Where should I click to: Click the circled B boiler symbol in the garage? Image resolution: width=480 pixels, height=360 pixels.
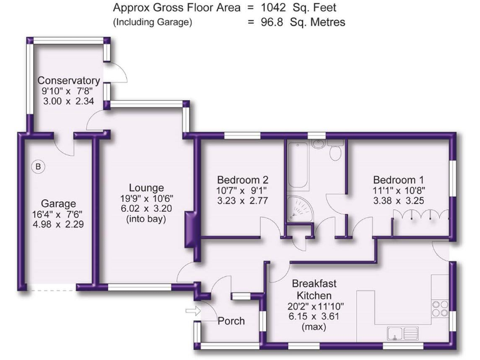click(x=38, y=167)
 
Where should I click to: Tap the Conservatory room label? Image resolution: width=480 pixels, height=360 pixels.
click(x=69, y=81)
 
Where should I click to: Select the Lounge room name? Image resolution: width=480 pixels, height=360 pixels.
click(x=146, y=187)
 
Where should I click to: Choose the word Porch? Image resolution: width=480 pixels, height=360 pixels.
click(x=231, y=321)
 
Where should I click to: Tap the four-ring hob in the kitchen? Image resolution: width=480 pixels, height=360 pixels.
click(x=439, y=307)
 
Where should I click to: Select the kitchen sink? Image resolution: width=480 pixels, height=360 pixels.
click(x=402, y=332)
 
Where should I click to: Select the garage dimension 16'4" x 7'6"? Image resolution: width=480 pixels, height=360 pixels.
click(x=58, y=214)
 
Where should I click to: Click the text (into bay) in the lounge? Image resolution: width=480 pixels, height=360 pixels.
click(x=146, y=219)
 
